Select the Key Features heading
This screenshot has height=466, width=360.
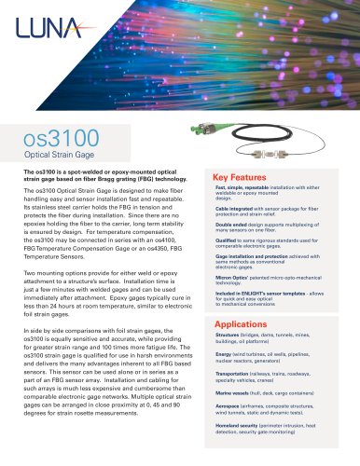click(x=242, y=176)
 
